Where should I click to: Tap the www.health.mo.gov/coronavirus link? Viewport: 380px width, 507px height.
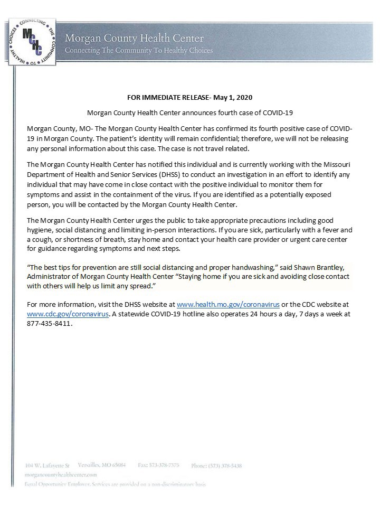pyautogui.click(x=227, y=305)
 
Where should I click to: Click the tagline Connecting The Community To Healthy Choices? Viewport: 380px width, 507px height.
pyautogui.click(x=138, y=51)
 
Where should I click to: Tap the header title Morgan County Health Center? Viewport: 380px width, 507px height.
pyautogui.click(x=134, y=39)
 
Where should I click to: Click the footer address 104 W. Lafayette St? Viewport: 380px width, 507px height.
pyautogui.click(x=47, y=465)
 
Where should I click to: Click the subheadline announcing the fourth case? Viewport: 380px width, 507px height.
pyautogui.click(x=189, y=112)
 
